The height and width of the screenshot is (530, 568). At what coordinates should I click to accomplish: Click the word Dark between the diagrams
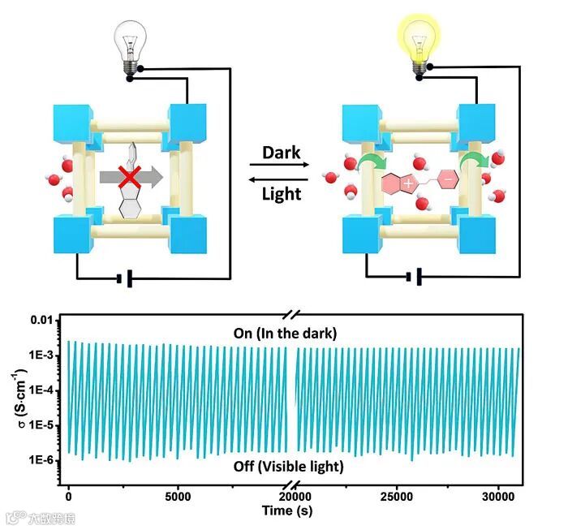[282, 152]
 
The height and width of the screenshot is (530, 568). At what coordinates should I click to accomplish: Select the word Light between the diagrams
[282, 193]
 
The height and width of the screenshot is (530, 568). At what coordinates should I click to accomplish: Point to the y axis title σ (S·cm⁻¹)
[17, 399]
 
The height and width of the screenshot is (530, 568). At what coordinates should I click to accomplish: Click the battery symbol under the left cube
[124, 279]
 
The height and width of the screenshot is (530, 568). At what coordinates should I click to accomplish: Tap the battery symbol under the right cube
[414, 279]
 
